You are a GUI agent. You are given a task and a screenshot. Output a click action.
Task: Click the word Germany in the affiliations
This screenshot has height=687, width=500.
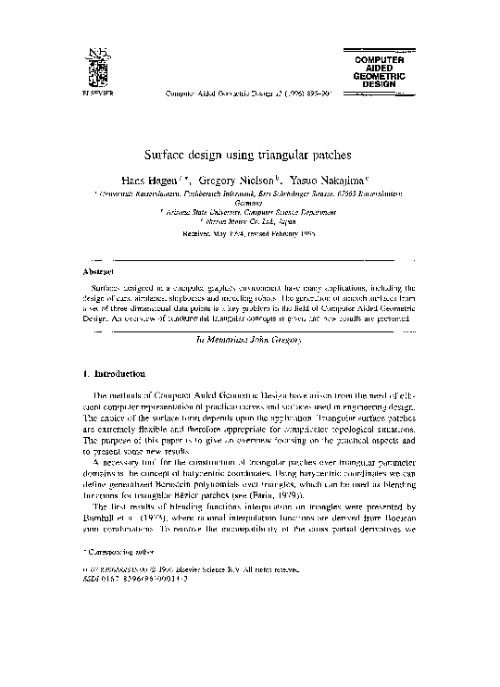point(250,202)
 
